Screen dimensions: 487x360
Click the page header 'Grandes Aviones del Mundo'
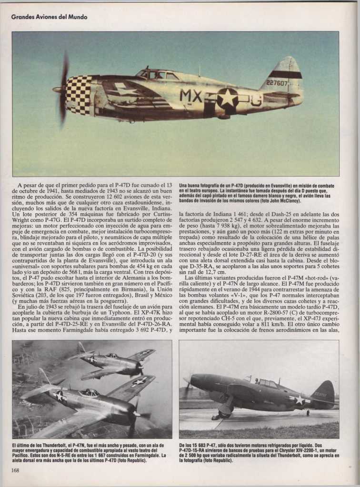(x=49, y=17)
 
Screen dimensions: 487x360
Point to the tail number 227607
(x=277, y=83)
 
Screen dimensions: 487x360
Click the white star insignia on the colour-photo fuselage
(x=227, y=98)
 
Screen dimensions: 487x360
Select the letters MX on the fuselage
(x=191, y=96)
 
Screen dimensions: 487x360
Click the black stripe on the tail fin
(x=284, y=74)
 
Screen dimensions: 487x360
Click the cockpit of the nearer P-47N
(x=89, y=393)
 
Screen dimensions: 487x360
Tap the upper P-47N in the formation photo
(x=114, y=362)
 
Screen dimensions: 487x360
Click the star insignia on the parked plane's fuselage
(x=299, y=400)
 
